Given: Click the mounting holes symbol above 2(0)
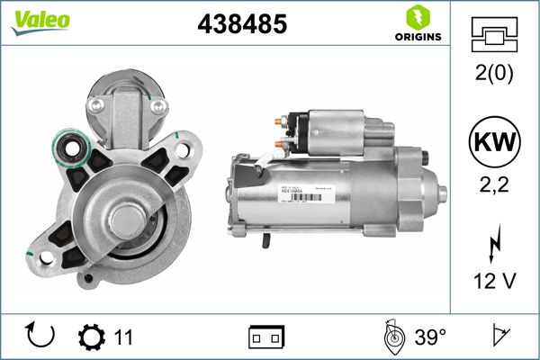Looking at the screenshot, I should [494, 37].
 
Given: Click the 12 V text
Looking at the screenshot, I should [494, 281].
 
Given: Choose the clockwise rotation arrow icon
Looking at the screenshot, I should [41, 337].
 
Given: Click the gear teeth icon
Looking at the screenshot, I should [92, 337].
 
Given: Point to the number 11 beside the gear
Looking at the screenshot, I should [124, 337].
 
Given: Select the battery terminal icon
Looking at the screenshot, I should [266, 337].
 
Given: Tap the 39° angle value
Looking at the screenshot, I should [430, 337].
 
